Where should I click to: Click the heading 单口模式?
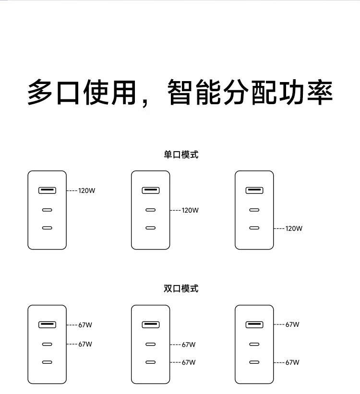coord(181,155)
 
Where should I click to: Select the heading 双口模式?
coord(181,288)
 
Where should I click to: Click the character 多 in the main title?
coord(40,92)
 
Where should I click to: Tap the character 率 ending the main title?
coord(320,92)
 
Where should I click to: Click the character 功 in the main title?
coord(292,92)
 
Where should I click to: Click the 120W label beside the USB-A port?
coord(87,191)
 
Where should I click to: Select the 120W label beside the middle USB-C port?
coord(190,210)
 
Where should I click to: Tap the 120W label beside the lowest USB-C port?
coord(294,228)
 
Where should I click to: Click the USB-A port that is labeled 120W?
coord(47,190)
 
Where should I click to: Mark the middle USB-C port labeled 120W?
coord(151,210)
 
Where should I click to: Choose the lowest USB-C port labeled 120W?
coord(254,228)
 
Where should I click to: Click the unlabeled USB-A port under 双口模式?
coord(151,324)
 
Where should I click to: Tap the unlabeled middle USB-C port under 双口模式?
coord(254,344)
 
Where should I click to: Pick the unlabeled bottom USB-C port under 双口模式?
coord(47,362)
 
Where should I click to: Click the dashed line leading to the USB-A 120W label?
coord(72,191)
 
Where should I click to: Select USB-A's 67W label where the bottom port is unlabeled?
coord(85,325)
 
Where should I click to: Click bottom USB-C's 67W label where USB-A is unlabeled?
coord(189,362)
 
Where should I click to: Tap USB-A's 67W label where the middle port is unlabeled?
coord(292,324)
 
